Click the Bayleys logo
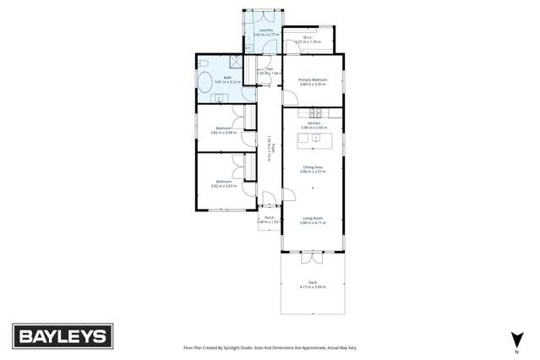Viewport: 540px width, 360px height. (x=62, y=335)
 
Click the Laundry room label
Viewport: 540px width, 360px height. (x=265, y=30)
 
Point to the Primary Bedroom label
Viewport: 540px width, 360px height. (x=312, y=79)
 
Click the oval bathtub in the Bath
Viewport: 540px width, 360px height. (x=205, y=83)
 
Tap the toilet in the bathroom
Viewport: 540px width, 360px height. (x=203, y=64)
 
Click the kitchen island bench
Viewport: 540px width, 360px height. (x=314, y=139)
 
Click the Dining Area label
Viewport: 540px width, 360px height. (x=312, y=167)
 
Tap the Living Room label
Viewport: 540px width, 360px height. (x=312, y=218)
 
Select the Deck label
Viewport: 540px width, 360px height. (x=312, y=282)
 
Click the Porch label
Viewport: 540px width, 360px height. (x=269, y=217)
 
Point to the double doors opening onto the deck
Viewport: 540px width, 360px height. (x=312, y=252)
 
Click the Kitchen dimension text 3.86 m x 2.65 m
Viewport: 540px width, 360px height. (x=312, y=128)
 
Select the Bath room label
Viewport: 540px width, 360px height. (x=227, y=77)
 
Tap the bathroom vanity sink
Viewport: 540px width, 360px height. (x=220, y=99)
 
